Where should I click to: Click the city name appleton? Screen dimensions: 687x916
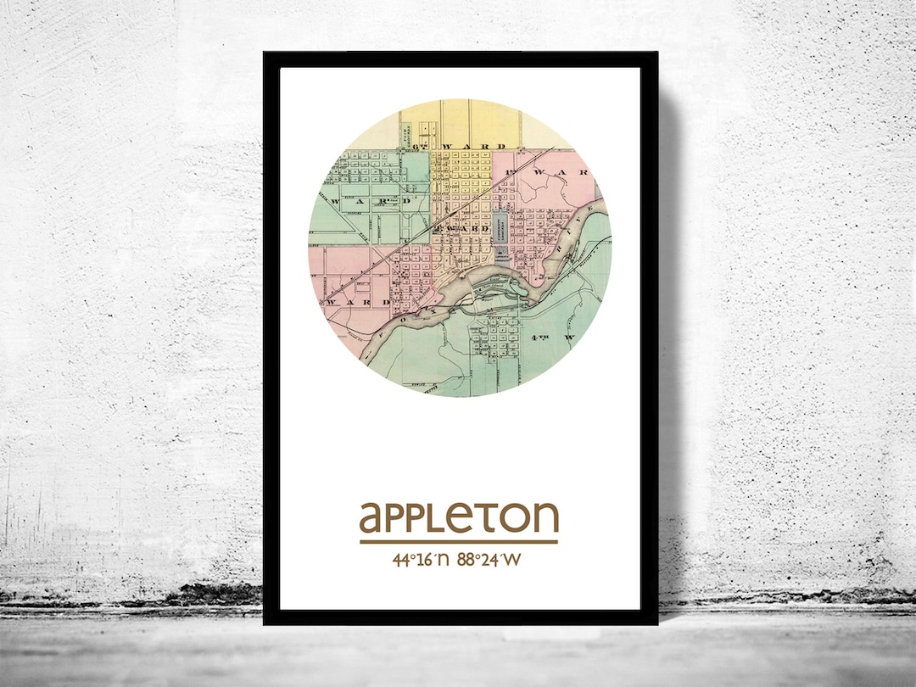point(459,517)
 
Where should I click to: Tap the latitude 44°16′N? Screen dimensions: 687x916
point(419,560)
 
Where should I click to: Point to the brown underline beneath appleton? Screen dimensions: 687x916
point(459,541)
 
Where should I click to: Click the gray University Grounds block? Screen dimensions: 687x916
point(501,234)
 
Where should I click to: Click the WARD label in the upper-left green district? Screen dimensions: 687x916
point(374,202)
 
